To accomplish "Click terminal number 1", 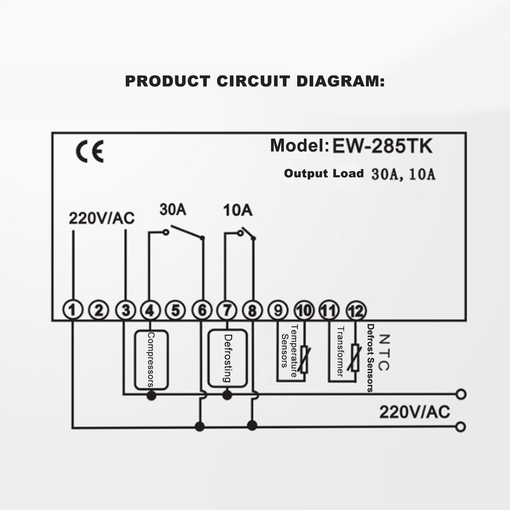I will [73, 310].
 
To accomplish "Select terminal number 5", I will [176, 310].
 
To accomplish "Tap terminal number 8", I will [252, 310].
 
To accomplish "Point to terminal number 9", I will [278, 310].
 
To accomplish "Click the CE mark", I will [90, 152].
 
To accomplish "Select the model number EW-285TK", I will [382, 146].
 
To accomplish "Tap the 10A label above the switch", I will [238, 210].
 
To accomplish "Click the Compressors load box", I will [151, 360].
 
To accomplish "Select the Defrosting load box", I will [227, 358].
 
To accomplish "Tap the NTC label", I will [384, 352].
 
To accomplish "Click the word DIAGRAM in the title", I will [340, 81].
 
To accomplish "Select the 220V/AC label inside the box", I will [102, 219].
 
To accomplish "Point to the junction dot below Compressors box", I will [151, 396].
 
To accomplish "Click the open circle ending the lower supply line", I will [461, 427].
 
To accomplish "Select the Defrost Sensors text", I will [370, 358].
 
